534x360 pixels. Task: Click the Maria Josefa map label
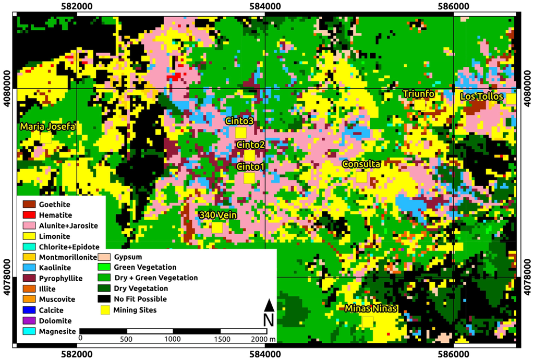[x=48, y=127]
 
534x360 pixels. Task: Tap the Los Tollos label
[x=481, y=97]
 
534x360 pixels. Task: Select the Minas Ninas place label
[x=371, y=308]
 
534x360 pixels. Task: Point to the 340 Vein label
[x=217, y=215]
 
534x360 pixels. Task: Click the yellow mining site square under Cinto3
[x=240, y=133]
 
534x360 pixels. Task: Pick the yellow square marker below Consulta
[x=361, y=177]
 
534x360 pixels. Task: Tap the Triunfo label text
[x=419, y=93]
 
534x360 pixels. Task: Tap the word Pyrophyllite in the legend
[x=60, y=279]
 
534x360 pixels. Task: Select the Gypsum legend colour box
[x=105, y=257]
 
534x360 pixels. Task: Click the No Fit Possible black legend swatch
[x=105, y=299]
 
